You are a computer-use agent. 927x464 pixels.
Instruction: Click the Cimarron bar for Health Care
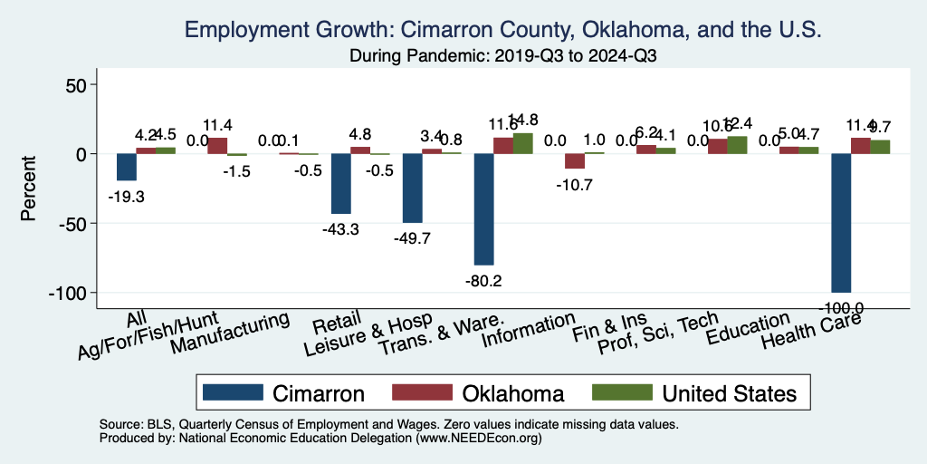tap(841, 223)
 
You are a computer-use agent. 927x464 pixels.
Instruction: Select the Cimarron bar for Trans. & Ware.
tap(483, 209)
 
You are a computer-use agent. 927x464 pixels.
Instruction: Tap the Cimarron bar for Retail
tap(340, 184)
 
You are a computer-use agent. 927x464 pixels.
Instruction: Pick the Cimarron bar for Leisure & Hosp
tap(412, 188)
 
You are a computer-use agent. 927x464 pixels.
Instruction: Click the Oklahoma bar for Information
tap(575, 161)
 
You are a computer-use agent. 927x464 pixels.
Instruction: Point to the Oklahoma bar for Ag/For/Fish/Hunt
tap(217, 146)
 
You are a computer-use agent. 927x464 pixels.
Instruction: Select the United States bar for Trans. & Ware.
tap(523, 144)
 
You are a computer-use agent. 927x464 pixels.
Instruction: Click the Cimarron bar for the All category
tap(126, 168)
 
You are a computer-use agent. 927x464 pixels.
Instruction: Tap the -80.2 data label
tap(483, 280)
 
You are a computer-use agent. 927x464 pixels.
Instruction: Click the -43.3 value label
tap(340, 229)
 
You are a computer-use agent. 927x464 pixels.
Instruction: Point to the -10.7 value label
tap(575, 185)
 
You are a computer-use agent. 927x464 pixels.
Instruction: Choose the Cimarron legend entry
tap(283, 393)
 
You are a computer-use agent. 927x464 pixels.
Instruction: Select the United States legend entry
tap(693, 393)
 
